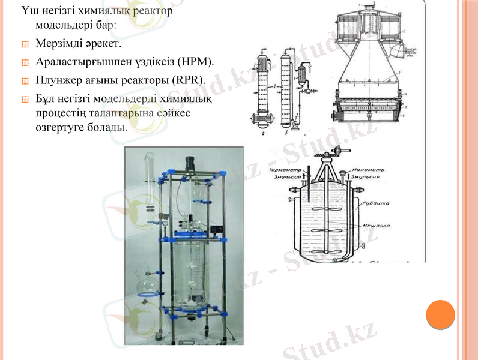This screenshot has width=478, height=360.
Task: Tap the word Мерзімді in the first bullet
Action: click(57, 44)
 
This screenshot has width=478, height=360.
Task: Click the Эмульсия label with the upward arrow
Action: click(286, 178)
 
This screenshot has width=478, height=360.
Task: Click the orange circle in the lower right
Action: click(440, 314)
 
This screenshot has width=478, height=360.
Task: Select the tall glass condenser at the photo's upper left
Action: click(148, 180)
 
